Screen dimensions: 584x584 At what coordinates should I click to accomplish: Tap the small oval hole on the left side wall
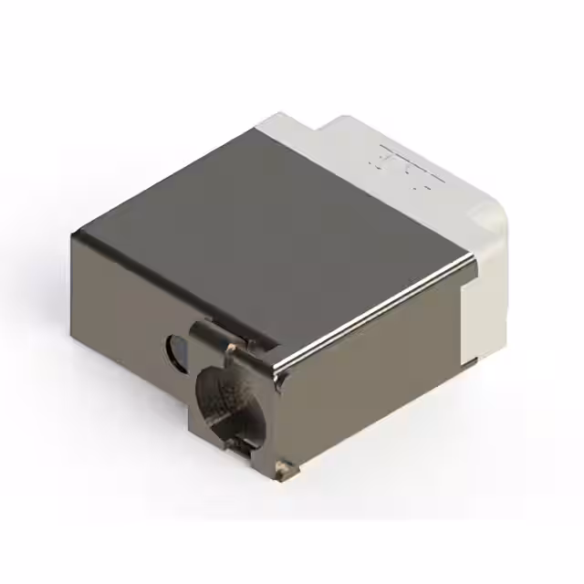(175, 348)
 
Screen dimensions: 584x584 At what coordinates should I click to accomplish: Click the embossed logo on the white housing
(401, 169)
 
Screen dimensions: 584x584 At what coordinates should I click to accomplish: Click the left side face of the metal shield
(128, 310)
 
